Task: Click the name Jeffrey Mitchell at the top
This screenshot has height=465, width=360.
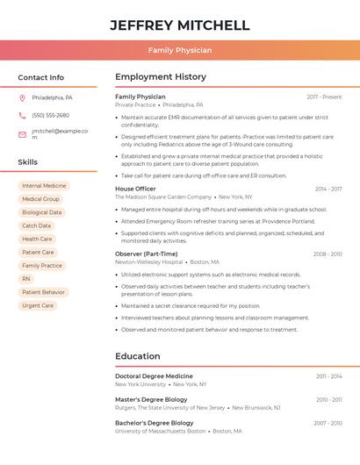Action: click(180, 25)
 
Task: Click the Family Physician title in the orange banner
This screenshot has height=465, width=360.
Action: click(180, 50)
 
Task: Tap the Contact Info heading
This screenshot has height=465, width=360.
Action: click(40, 77)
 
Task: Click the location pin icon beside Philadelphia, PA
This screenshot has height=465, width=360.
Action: click(22, 97)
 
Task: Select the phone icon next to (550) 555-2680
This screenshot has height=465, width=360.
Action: click(22, 115)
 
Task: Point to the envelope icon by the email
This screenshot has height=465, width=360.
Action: click(22, 134)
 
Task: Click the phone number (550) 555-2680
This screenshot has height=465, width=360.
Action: click(50, 115)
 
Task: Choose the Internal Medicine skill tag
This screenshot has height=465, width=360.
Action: click(44, 186)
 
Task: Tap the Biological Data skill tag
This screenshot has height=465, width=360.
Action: click(42, 212)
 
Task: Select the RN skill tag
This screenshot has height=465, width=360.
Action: click(26, 279)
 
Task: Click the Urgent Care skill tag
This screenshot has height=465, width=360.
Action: click(38, 305)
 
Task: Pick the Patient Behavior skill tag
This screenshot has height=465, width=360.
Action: click(43, 292)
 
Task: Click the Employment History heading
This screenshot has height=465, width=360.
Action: click(161, 77)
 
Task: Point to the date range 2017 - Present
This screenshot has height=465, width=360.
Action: click(324, 97)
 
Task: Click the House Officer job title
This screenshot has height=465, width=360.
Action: click(135, 189)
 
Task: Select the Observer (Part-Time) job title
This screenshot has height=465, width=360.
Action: click(146, 254)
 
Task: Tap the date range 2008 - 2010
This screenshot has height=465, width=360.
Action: click(328, 254)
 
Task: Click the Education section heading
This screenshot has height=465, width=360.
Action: click(138, 356)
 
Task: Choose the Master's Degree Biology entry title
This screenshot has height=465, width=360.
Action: click(151, 399)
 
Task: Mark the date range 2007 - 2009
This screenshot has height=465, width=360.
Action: click(328, 423)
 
